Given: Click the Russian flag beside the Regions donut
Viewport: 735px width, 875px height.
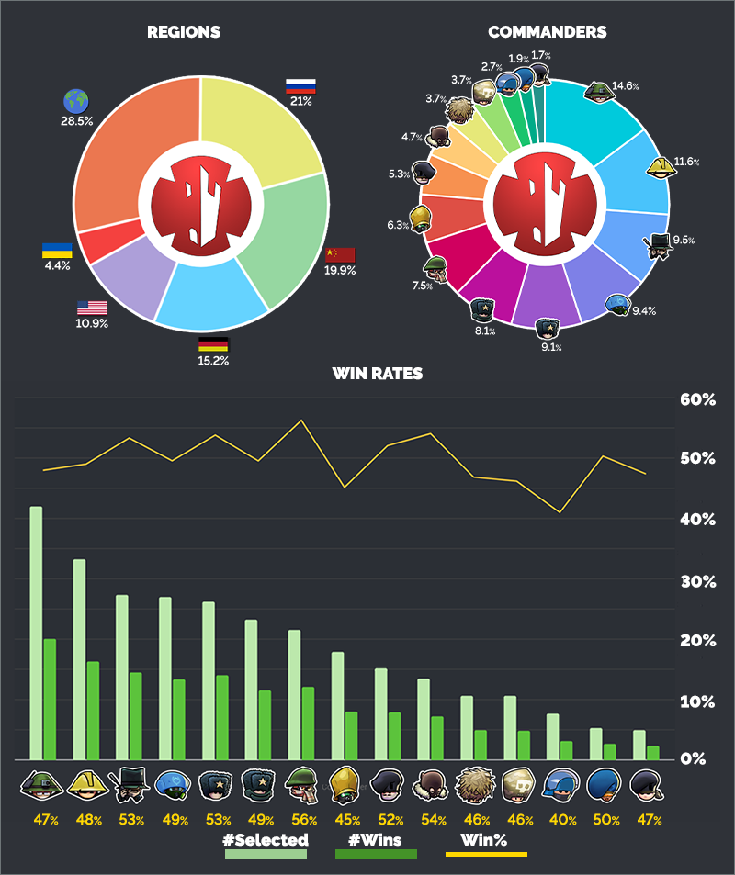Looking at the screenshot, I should point(300,85).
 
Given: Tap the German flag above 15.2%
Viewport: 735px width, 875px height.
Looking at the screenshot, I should point(213,345).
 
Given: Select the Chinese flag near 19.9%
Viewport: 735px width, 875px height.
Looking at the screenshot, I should point(340,254).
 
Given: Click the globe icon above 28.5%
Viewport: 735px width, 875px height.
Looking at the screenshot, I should point(75,99).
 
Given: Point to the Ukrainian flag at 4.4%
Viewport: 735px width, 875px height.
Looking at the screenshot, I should point(57,251).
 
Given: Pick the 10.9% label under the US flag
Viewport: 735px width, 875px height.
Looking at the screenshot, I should point(92,324).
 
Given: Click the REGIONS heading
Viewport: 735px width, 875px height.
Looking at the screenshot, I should point(184,32).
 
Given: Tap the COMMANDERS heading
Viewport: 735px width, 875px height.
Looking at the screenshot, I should point(547,32).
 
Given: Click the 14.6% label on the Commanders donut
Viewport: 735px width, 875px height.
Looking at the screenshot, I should point(626,86).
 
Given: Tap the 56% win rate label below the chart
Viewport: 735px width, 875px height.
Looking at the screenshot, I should point(303,820).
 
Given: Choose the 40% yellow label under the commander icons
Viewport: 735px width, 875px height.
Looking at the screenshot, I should point(560,820).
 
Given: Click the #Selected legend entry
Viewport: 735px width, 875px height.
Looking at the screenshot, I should point(266,839).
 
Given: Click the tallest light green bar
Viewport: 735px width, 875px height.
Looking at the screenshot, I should point(36,633).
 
